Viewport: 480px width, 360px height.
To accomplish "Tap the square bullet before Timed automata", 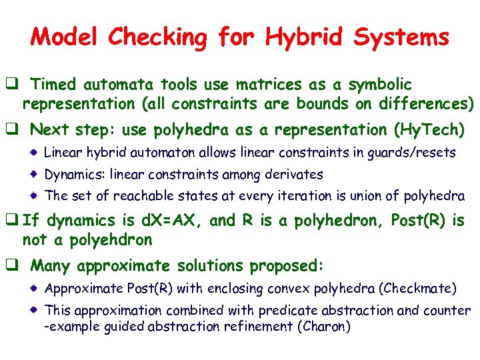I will coord(13,85).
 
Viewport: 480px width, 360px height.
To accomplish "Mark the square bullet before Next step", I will coord(13,129).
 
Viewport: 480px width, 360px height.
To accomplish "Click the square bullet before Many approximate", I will coord(13,266).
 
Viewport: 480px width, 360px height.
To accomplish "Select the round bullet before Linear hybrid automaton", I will coord(35,153).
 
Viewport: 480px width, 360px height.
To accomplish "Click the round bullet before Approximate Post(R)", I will coord(35,289).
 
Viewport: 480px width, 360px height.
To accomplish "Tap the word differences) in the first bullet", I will coord(426,104).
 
